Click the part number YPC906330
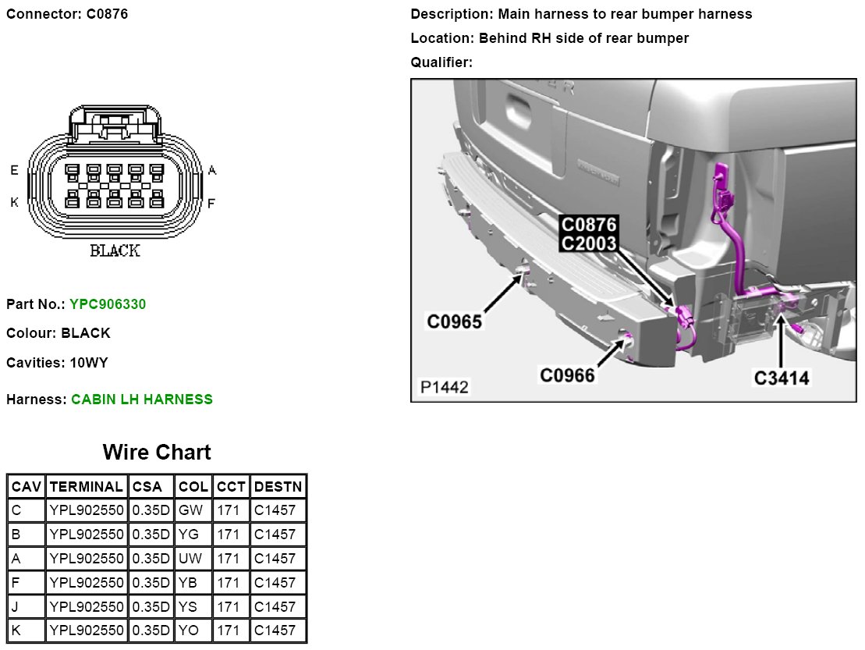click(108, 304)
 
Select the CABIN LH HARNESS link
click(142, 399)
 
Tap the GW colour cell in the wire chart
click(190, 510)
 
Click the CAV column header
click(26, 487)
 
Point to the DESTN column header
click(278, 487)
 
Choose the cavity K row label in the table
click(17, 630)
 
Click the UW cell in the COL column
click(190, 559)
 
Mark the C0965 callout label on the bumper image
click(455, 321)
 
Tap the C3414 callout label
click(782, 378)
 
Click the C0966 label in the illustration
click(568, 376)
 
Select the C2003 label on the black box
click(589, 243)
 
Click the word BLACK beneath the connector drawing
click(115, 251)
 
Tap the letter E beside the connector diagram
click(14, 170)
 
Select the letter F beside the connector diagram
click(211, 203)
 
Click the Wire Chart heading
click(157, 453)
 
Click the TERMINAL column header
click(86, 487)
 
